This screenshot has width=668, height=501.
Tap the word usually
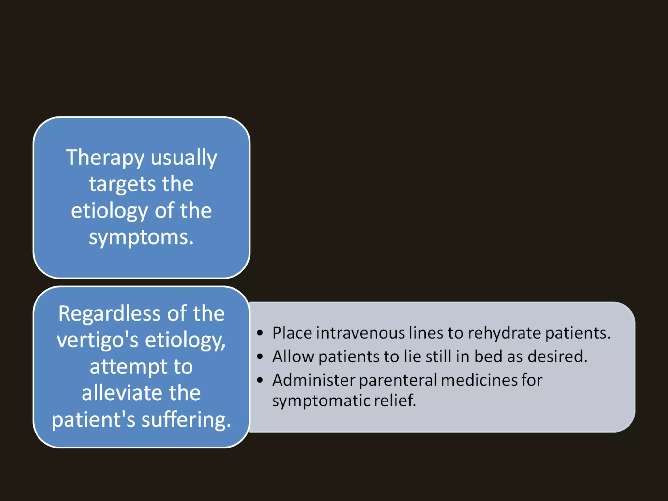point(184,158)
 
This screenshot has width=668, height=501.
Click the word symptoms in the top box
point(141,237)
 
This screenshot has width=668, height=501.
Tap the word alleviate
point(120,393)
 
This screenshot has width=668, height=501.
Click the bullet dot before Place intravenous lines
point(260,333)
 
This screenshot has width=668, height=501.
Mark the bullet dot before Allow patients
point(260,357)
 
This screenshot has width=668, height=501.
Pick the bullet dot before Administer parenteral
point(260,380)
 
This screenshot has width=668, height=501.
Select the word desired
point(557,357)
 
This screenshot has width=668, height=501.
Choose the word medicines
point(478,380)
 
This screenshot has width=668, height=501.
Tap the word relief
point(395,401)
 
